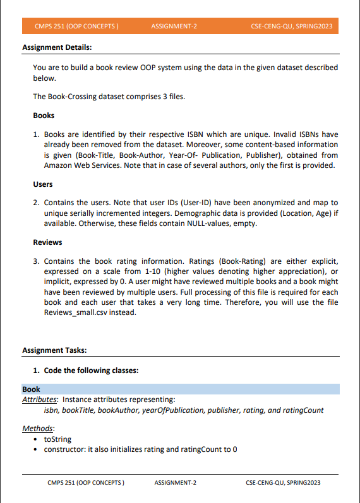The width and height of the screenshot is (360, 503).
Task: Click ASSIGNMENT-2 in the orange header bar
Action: click(174, 27)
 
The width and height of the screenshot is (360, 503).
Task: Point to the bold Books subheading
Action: click(44, 115)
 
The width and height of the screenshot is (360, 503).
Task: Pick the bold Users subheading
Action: click(44, 184)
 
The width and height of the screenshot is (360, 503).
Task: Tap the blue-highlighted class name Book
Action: click(31, 389)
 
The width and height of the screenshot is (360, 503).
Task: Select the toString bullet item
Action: click(57, 439)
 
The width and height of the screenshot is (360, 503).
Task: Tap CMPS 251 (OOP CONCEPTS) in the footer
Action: click(85, 483)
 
